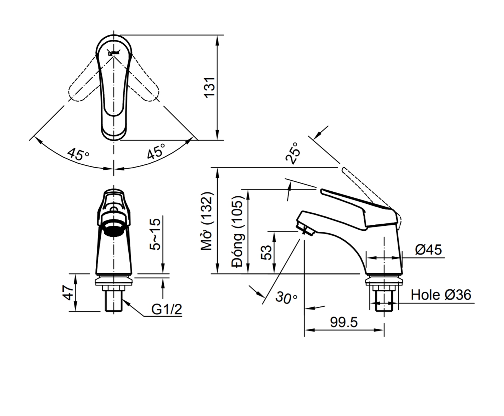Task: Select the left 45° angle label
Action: coord(78,154)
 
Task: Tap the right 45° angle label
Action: coord(156,152)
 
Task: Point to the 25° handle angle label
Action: coord(294,153)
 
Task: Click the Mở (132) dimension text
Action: coord(207,221)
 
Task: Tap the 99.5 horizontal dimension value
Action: coord(344,322)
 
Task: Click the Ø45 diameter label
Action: coord(429,250)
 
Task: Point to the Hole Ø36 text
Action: coord(441,295)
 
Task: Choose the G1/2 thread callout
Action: coord(167,310)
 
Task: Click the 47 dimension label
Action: coord(69,292)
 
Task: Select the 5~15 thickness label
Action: coord(155,234)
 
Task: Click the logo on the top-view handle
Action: coord(113,53)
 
